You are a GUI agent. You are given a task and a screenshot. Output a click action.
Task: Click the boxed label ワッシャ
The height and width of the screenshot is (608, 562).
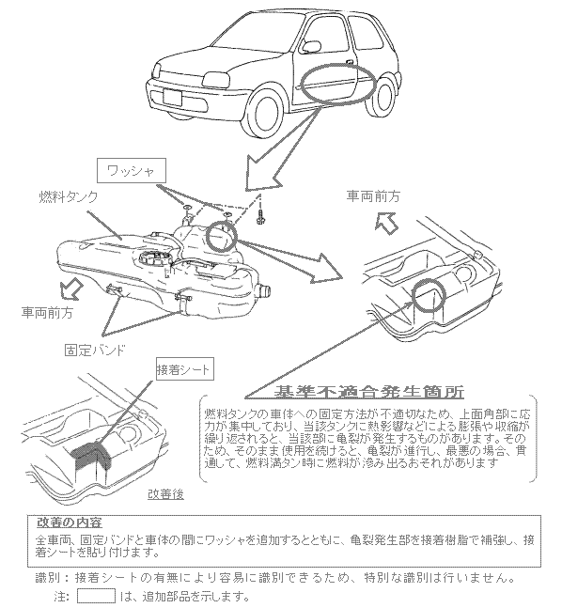[x=131, y=170]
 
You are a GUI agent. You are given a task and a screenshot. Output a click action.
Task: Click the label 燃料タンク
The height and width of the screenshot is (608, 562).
[x=68, y=196]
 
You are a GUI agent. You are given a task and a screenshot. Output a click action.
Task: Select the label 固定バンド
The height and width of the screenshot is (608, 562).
[x=95, y=350]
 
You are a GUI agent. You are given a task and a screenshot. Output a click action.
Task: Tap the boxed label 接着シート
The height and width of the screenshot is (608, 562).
[x=184, y=369]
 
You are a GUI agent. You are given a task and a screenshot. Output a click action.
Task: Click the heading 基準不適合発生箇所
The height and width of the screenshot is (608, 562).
[x=368, y=392]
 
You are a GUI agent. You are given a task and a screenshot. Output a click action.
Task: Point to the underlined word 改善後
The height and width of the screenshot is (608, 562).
[x=165, y=494]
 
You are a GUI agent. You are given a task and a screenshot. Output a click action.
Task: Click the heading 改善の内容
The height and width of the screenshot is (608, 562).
[x=70, y=522]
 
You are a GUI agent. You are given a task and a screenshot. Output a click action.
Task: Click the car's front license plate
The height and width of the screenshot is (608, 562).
[x=172, y=97]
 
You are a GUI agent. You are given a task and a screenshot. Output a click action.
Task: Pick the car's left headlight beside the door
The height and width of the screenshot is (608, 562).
[x=215, y=80]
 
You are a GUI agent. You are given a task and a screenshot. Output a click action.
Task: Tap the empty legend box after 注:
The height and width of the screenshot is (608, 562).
[x=96, y=595]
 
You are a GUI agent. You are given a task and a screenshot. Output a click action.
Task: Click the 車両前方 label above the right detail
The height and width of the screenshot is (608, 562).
[x=373, y=196]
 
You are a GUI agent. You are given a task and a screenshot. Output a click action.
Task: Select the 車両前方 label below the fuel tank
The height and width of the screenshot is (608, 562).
[x=47, y=312]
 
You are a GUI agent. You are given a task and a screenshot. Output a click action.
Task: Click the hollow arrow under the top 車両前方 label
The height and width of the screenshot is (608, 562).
[x=386, y=223]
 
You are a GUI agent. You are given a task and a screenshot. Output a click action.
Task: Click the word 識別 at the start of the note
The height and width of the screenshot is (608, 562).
[x=47, y=578]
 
